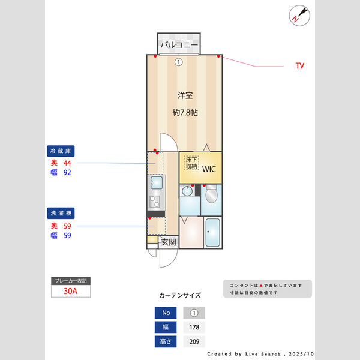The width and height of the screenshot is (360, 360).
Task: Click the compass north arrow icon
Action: (298, 15)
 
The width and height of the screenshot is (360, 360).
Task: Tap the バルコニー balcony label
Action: (179, 45)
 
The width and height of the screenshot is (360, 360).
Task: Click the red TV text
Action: (299, 65)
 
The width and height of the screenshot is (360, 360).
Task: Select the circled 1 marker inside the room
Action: (179, 61)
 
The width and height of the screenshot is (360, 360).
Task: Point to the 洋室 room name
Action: (185, 95)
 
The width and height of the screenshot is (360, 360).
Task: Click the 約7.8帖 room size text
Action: (185, 112)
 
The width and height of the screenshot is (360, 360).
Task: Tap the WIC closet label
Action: (209, 169)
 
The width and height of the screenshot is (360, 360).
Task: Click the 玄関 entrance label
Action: (169, 242)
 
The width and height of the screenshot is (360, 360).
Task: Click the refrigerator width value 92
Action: (67, 173)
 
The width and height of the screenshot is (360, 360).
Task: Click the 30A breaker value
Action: (70, 292)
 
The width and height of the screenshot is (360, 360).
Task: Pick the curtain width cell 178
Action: (194, 328)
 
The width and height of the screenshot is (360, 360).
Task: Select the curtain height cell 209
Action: (194, 342)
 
